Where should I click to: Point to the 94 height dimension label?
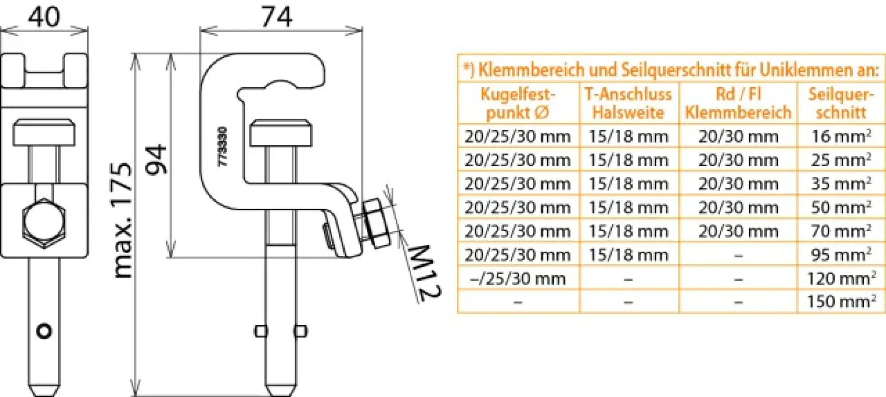click(x=156, y=159)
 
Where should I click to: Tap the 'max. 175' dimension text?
click(x=122, y=220)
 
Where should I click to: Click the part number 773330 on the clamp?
click(x=223, y=146)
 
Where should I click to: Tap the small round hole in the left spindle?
click(x=44, y=331)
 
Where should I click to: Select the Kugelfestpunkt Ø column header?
click(x=517, y=103)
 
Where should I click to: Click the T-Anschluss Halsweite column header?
click(x=628, y=103)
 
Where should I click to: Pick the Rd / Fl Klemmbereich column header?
click(x=738, y=103)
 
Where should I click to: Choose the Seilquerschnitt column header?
click(x=840, y=103)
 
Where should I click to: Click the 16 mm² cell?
click(x=840, y=136)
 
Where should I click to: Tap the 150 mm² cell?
click(x=840, y=301)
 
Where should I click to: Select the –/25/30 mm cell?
click(x=517, y=278)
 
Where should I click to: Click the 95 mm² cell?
click(x=840, y=255)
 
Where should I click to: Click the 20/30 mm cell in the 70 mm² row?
click(x=738, y=231)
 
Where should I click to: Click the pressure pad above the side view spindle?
click(x=280, y=133)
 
